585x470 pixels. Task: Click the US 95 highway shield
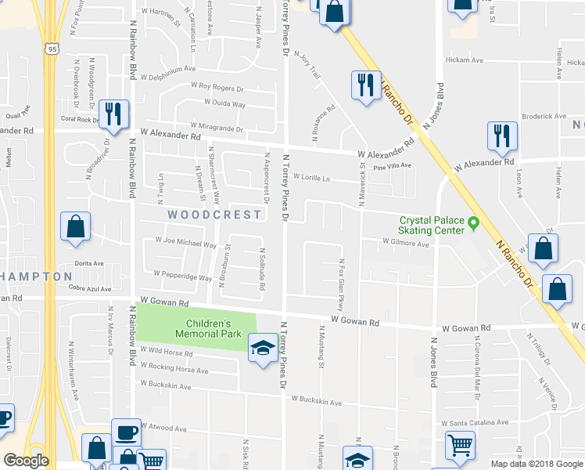pyautogui.click(x=52, y=49)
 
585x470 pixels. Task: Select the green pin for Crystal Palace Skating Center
pyautogui.click(x=472, y=225)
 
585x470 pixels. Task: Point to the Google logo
pyautogui.click(x=26, y=461)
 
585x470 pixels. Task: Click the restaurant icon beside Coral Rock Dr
pyautogui.click(x=114, y=114)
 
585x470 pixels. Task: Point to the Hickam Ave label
pyautogui.click(x=465, y=60)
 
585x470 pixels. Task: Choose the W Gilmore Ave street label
pyautogui.click(x=406, y=244)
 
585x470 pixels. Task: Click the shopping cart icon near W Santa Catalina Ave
pyautogui.click(x=460, y=445)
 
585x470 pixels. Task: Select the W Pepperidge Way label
pyautogui.click(x=183, y=277)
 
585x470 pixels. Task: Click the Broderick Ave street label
pyautogui.click(x=543, y=116)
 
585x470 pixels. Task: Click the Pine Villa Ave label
pyautogui.click(x=392, y=166)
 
